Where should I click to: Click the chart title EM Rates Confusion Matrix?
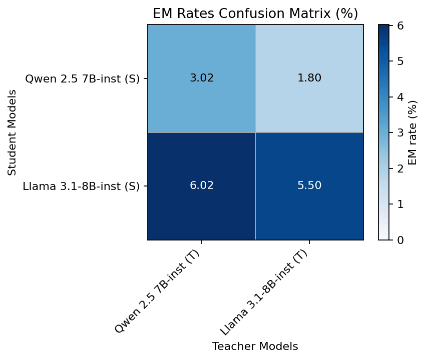255,13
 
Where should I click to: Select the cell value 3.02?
202,78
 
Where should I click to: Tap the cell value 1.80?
309,78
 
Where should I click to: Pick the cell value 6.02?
202,185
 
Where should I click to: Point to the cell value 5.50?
309,185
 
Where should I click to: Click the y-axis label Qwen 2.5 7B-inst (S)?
82,78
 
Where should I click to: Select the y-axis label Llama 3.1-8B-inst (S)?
81,186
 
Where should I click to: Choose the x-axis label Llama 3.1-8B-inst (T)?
265,292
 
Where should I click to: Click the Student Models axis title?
12,132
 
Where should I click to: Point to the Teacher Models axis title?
255,346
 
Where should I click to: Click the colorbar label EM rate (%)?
412,132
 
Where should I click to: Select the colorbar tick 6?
400,25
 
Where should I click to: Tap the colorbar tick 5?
400,61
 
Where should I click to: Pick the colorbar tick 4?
400,97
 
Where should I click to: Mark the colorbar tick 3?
400,132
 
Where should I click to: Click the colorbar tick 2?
400,168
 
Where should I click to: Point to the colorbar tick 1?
400,204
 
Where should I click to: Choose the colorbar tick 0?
400,240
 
